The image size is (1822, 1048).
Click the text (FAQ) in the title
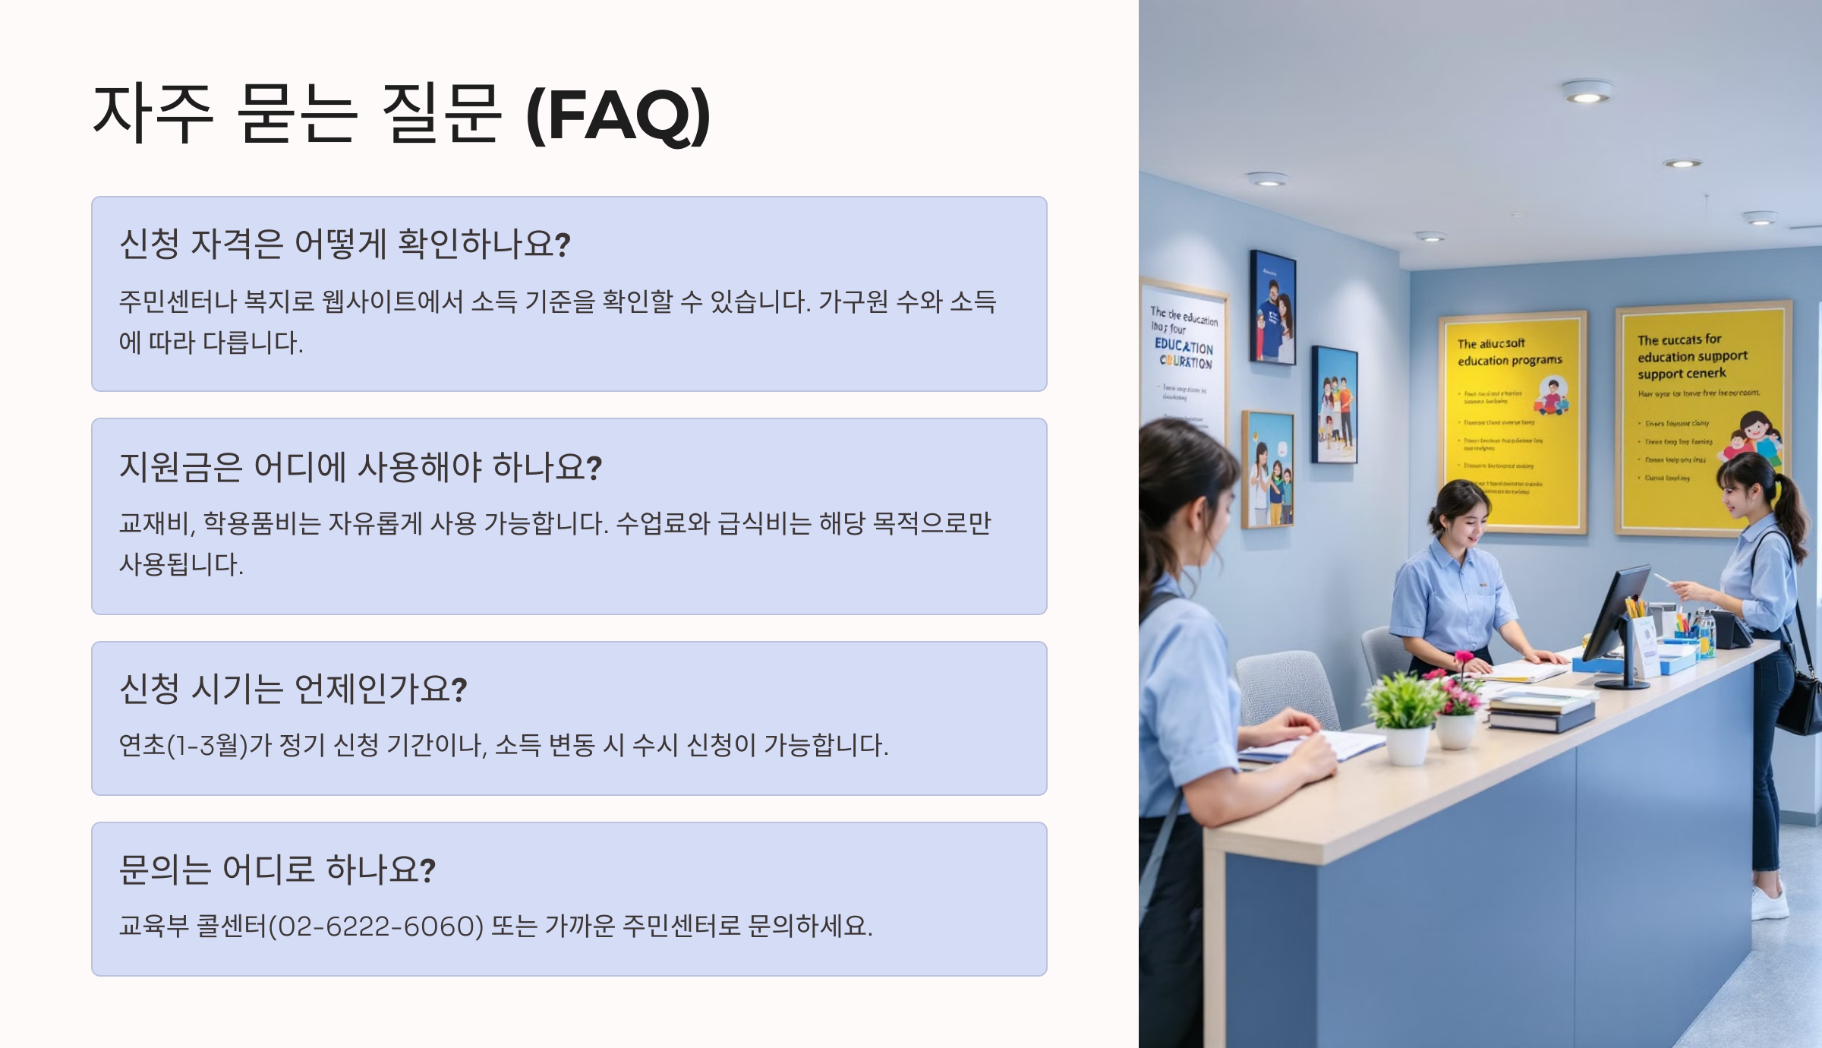coord(618,115)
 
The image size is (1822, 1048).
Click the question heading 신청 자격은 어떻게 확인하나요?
coord(345,244)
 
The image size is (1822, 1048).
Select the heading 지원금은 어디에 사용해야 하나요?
coord(361,466)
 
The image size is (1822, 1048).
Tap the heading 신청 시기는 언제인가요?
coord(293,689)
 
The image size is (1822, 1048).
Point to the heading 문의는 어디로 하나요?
coord(277,870)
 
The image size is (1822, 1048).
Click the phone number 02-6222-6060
coord(377,926)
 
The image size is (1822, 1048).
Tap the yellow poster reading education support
coord(1701,418)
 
